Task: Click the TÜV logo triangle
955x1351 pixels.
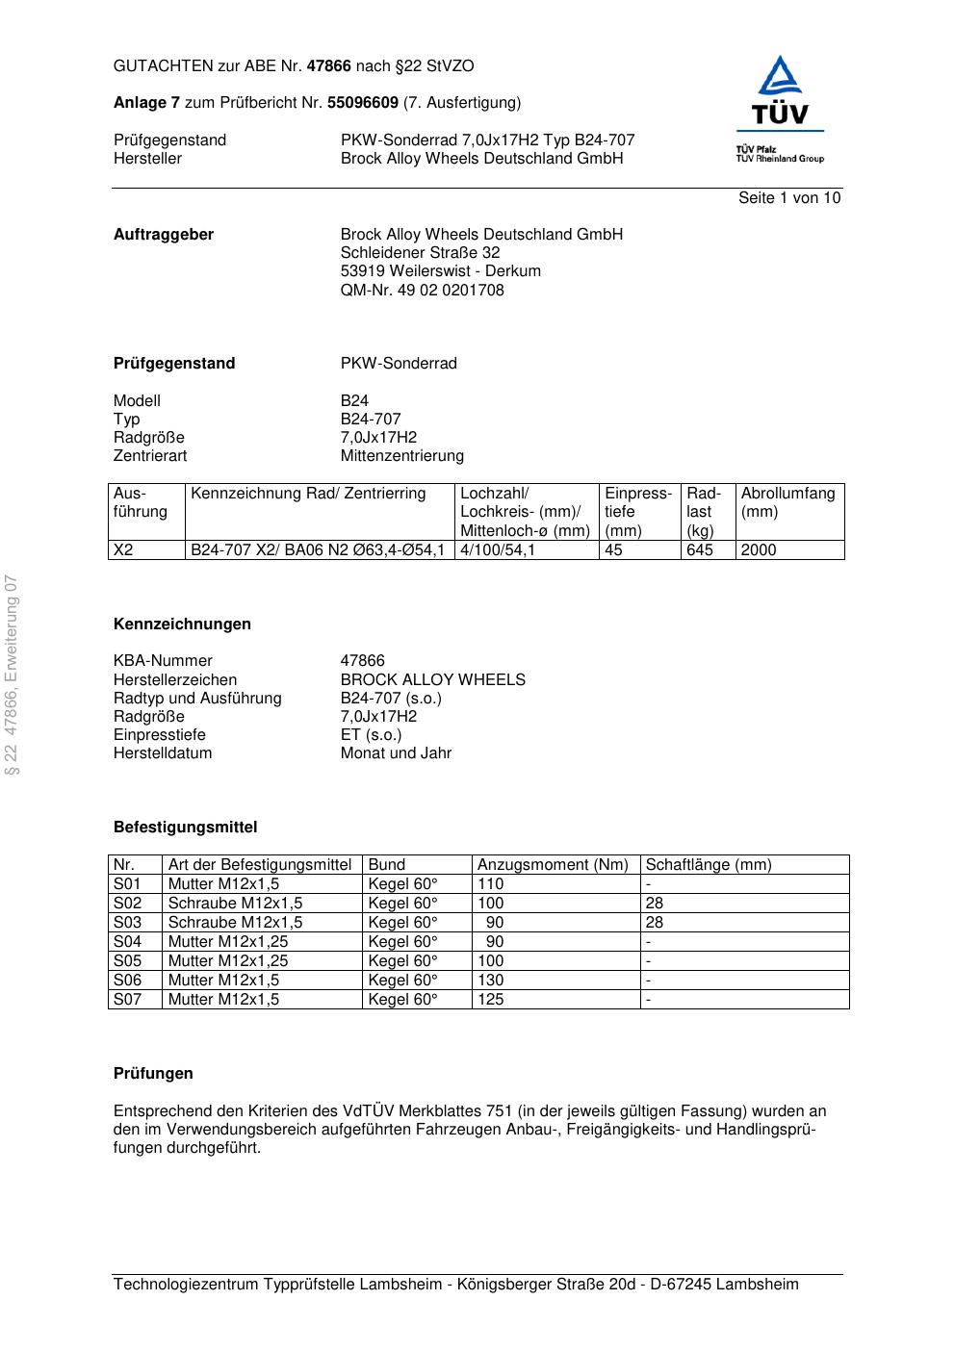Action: point(779,77)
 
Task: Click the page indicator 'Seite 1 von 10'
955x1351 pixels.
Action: point(788,198)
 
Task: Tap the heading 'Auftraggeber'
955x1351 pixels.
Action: point(164,235)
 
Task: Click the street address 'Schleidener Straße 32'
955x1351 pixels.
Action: point(420,253)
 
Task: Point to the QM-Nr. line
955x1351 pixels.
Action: point(422,291)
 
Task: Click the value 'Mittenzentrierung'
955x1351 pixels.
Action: point(401,456)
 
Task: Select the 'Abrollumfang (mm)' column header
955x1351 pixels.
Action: point(787,502)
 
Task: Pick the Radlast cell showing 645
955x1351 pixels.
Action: point(700,550)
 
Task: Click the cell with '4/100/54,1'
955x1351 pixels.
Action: point(498,550)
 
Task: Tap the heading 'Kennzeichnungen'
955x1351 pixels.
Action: point(182,625)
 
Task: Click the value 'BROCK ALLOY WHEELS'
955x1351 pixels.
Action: point(432,680)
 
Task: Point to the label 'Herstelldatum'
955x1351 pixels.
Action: point(163,753)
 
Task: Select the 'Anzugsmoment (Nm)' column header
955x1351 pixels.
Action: point(553,865)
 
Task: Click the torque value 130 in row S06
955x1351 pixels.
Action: point(491,981)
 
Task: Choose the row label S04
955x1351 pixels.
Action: point(127,942)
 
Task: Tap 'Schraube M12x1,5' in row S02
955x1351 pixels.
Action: point(235,904)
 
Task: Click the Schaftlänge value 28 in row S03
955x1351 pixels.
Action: point(655,923)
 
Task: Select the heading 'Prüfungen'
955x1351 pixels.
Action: point(153,1074)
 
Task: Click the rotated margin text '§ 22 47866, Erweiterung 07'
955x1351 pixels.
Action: point(13,675)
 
